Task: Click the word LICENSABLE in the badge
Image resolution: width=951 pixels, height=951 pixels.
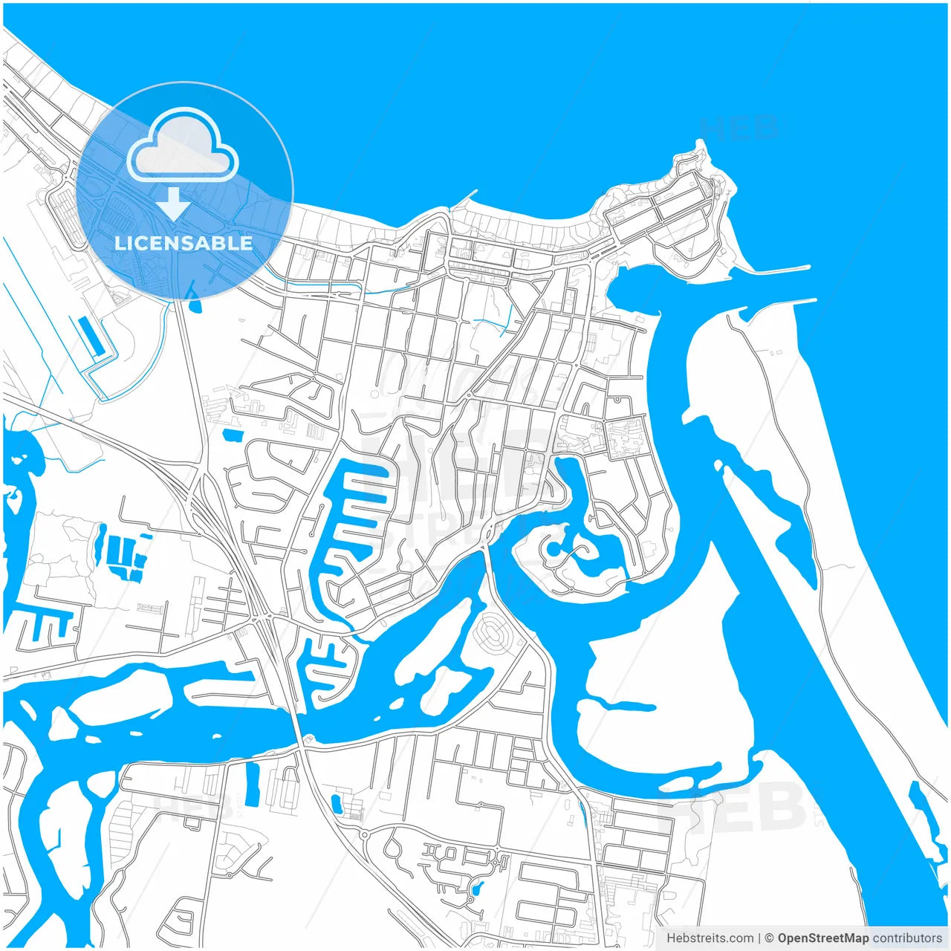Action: pos(184,243)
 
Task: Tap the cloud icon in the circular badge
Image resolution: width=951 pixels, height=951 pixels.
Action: pos(183,146)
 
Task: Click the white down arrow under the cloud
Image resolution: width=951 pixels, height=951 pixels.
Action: pos(173,203)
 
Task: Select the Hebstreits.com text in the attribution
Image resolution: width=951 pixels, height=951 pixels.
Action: pos(710,938)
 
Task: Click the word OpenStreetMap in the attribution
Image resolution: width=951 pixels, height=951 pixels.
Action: pos(823,938)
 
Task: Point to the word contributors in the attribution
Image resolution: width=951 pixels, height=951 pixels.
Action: pos(907,938)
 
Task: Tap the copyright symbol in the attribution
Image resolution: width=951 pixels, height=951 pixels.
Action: pos(770,938)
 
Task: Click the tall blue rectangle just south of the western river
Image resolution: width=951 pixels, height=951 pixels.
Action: pos(253,784)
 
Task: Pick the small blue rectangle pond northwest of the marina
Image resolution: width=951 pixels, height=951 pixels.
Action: pos(232,434)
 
